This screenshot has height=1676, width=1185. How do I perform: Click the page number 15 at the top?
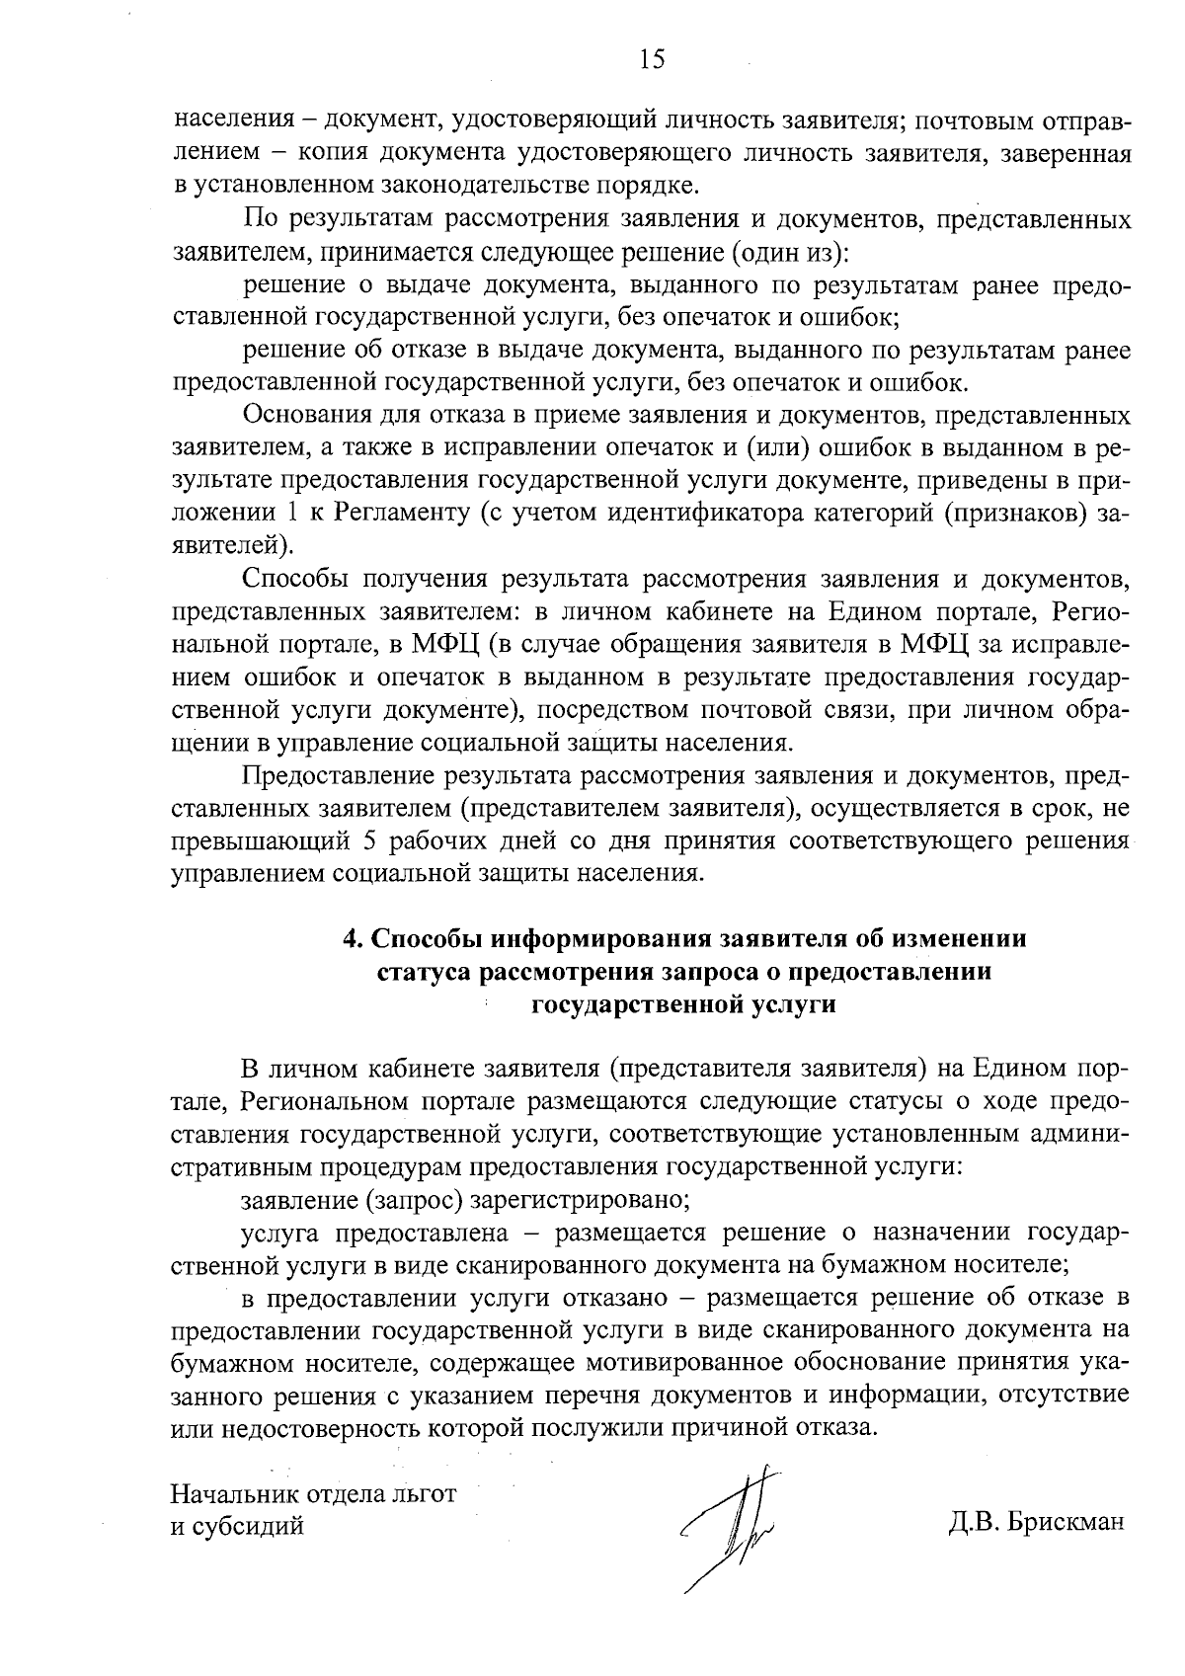tap(652, 60)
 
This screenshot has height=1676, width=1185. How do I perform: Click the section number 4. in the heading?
tap(353, 938)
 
